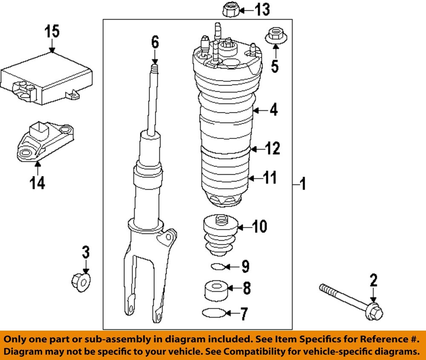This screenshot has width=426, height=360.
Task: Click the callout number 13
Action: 262,9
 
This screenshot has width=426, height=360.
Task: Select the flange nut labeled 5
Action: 274,36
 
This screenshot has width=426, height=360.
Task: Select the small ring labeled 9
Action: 217,267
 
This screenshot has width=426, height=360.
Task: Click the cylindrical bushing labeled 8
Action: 215,290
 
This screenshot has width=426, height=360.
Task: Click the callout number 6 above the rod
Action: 155,42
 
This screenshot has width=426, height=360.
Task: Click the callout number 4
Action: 273,110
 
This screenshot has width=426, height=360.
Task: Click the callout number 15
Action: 53,32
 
